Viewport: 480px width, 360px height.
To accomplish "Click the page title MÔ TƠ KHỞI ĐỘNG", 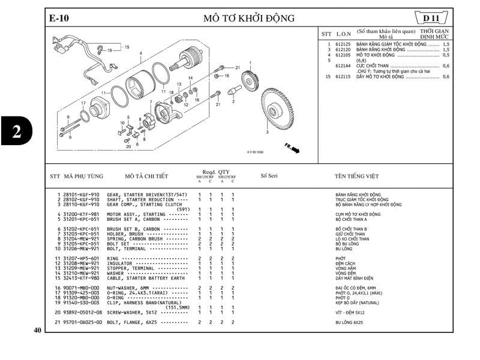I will (250, 18).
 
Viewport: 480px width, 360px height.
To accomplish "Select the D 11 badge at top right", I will (433, 18).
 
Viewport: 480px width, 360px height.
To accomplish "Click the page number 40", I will (37, 330).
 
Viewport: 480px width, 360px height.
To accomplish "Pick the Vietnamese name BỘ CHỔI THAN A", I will (352, 219).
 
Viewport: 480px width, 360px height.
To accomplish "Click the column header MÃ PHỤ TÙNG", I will (83, 176).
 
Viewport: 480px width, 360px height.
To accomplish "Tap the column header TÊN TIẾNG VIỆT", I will (356, 176).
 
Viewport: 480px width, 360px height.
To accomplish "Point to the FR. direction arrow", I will (292, 148).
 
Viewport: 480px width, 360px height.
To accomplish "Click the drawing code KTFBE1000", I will (255, 152).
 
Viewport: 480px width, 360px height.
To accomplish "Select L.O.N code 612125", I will (343, 44).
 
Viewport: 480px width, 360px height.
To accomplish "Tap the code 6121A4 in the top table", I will (343, 66).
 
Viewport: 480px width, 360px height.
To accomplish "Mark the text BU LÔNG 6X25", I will (349, 323).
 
